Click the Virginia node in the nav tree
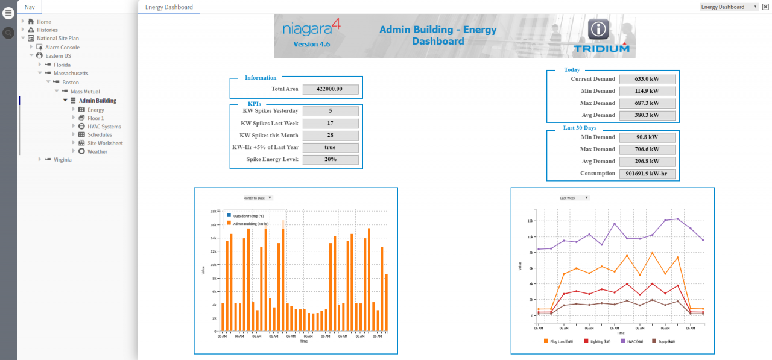click(62, 160)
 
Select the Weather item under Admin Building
click(97, 151)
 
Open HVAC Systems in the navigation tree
click(104, 127)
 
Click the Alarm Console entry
click(62, 47)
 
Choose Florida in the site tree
click(62, 65)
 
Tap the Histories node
click(47, 30)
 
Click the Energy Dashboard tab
click(169, 7)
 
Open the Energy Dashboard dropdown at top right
click(730, 7)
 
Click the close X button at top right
click(765, 7)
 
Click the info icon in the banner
click(598, 29)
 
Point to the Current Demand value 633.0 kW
click(647, 79)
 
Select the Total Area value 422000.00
click(331, 89)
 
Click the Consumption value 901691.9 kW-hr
click(647, 174)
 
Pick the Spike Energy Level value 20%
click(331, 160)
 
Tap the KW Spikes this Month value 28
click(331, 136)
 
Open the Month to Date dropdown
click(258, 198)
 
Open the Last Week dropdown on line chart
click(574, 198)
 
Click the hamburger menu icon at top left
click(8, 13)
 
